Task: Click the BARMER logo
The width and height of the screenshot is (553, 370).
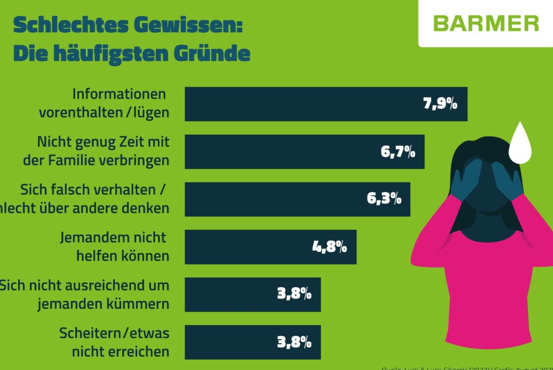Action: pos(485,23)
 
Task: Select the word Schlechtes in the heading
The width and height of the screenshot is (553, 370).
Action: pos(66,25)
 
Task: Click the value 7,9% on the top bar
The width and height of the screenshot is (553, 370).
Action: pos(440,104)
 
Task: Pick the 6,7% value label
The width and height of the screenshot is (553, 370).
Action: pos(398,151)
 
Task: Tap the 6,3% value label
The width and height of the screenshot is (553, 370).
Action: pos(384,199)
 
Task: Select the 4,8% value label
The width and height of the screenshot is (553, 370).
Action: pos(329,247)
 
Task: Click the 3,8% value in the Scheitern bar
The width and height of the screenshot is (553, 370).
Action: pos(294,342)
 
